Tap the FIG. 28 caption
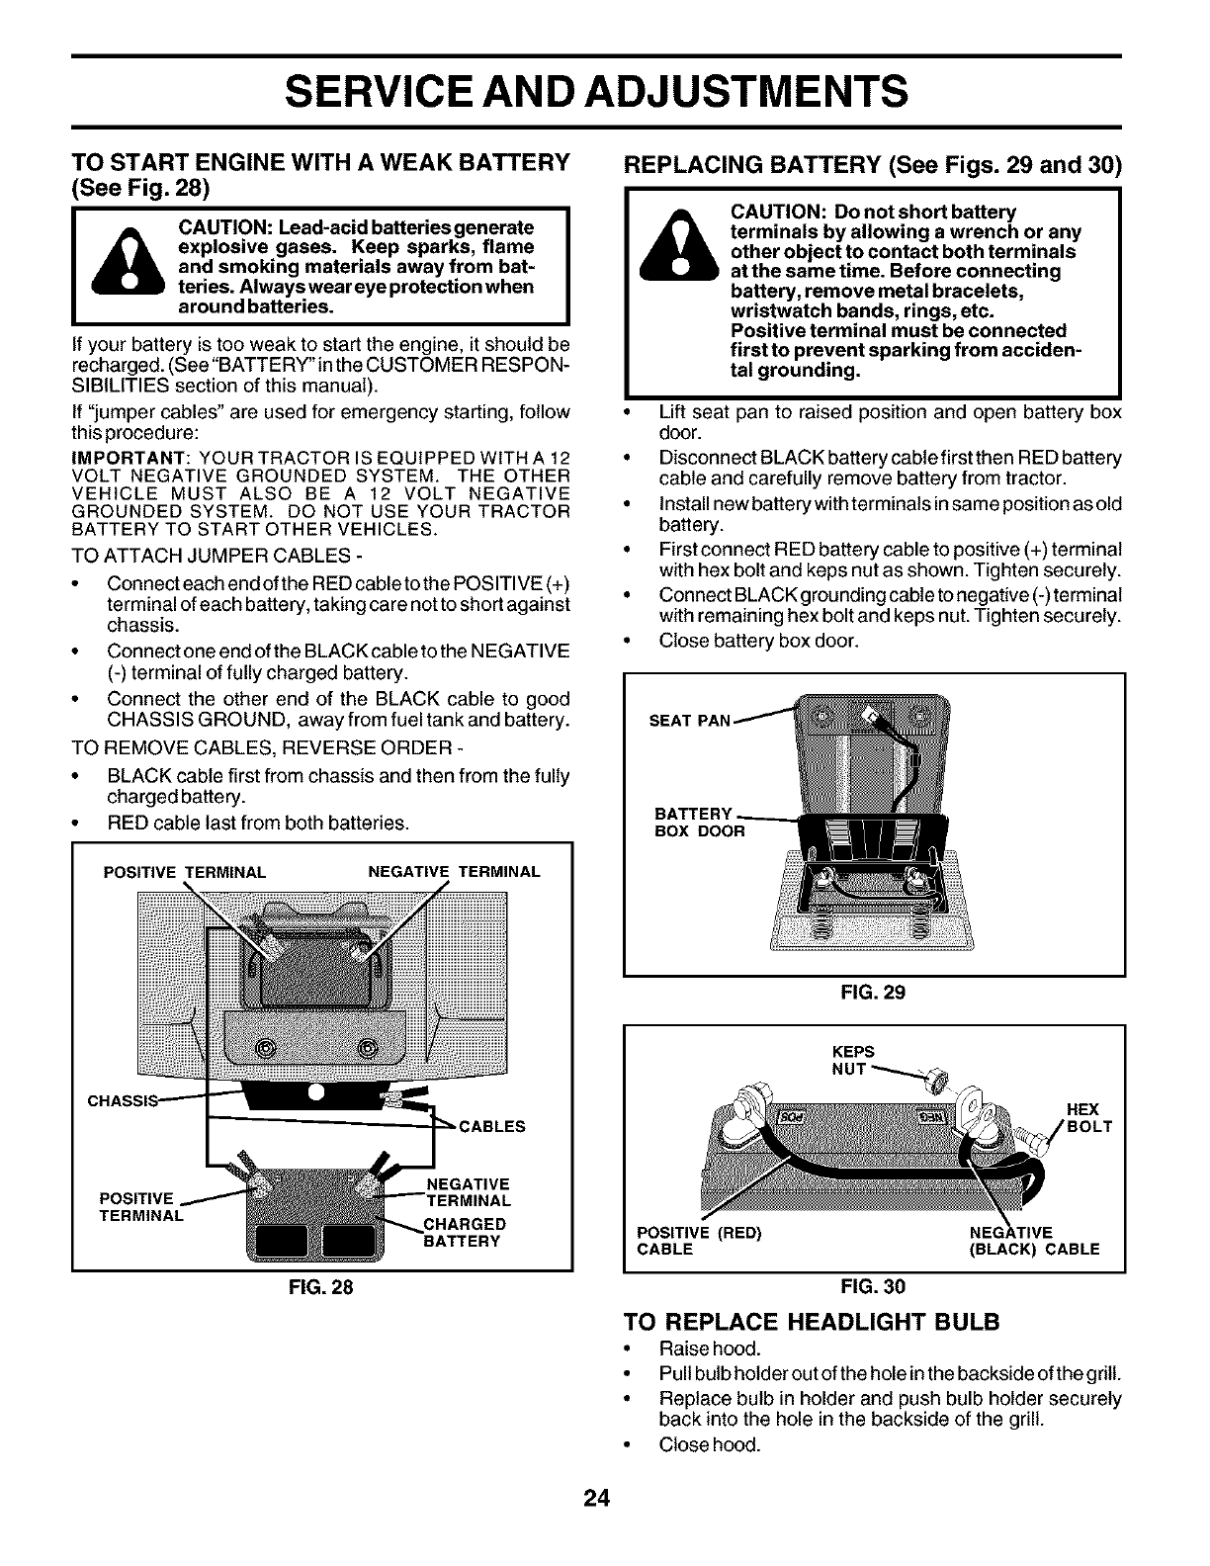click(321, 1288)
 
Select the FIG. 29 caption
click(874, 992)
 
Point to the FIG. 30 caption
click(874, 1286)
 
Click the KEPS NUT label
click(854, 1059)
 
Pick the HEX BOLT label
click(1089, 1118)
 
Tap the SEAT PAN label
click(688, 721)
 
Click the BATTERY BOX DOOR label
click(700, 823)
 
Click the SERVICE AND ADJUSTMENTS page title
click(596, 92)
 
